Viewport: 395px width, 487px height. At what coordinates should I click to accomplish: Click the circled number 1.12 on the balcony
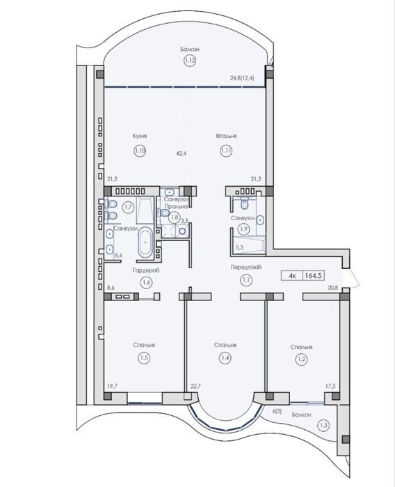pyautogui.click(x=190, y=60)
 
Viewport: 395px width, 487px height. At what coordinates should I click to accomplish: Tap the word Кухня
pyautogui.click(x=140, y=136)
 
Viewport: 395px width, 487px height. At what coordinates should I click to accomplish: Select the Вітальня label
pyautogui.click(x=226, y=136)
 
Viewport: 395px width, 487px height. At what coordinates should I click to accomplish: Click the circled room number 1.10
pyautogui.click(x=140, y=150)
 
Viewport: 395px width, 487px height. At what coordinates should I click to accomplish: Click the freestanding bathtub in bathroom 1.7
pyautogui.click(x=145, y=242)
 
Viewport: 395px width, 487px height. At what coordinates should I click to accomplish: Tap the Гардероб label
pyautogui.click(x=146, y=270)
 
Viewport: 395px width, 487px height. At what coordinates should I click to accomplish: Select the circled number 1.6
pyautogui.click(x=146, y=282)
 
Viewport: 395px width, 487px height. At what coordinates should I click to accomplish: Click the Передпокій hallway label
pyautogui.click(x=246, y=267)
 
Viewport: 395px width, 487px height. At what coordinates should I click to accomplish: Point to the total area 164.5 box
pyautogui.click(x=314, y=275)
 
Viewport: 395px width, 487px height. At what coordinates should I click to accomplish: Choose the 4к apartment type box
pyautogui.click(x=292, y=275)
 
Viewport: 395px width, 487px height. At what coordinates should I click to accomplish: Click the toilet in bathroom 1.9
pyautogui.click(x=245, y=203)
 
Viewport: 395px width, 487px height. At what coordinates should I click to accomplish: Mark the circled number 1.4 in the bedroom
pyautogui.click(x=225, y=358)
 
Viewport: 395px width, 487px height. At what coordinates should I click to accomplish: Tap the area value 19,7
pyautogui.click(x=112, y=386)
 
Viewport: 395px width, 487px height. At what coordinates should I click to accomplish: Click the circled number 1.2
pyautogui.click(x=302, y=360)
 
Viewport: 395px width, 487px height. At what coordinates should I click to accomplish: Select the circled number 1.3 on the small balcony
pyautogui.click(x=323, y=425)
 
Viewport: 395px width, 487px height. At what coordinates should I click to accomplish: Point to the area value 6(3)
pyautogui.click(x=277, y=411)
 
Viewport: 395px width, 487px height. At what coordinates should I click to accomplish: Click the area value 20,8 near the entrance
pyautogui.click(x=332, y=288)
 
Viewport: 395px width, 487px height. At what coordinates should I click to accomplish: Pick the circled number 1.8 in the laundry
pyautogui.click(x=175, y=217)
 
